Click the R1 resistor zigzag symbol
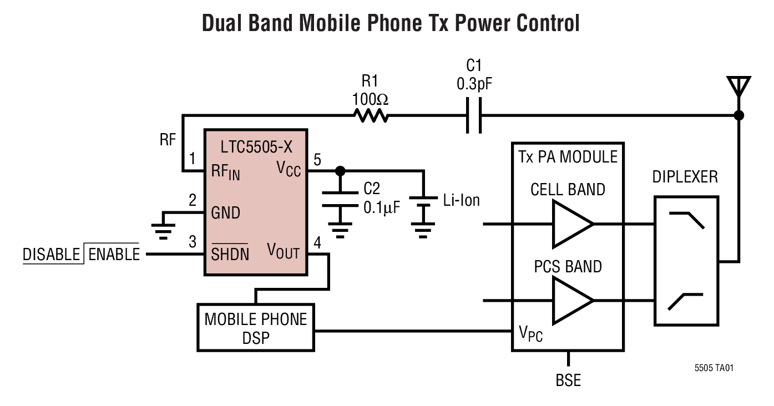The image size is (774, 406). point(371,116)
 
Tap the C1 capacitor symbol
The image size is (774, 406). point(473,116)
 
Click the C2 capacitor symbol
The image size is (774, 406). point(341,199)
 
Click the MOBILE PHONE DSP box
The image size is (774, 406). point(256,327)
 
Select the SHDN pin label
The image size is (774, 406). point(230,254)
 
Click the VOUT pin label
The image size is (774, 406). point(283,252)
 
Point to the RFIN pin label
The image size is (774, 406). point(225,172)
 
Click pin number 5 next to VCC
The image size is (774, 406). point(317,160)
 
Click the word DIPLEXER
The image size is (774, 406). point(685,177)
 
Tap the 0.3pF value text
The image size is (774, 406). point(474,84)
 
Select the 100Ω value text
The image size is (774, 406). point(370,100)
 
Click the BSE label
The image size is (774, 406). point(568,381)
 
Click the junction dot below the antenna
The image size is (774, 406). point(738,116)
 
